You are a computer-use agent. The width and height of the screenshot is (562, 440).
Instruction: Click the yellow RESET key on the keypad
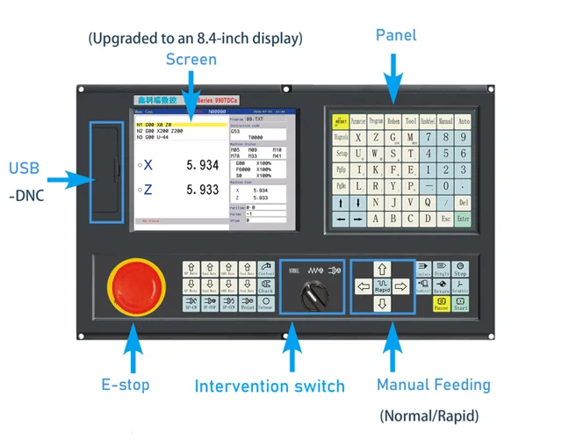341,120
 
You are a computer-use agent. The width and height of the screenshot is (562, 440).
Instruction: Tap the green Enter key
463,219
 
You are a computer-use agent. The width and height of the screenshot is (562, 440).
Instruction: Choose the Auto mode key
463,120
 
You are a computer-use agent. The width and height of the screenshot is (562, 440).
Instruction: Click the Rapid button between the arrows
381,286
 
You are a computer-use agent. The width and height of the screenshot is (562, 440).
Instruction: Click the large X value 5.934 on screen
203,165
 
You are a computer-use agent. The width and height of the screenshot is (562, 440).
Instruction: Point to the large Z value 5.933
203,190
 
